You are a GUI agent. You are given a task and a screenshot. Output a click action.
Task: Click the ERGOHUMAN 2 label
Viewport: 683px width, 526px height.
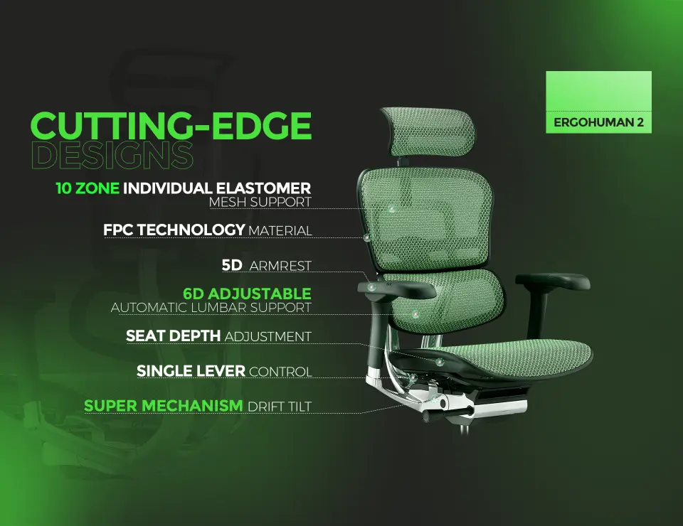598,122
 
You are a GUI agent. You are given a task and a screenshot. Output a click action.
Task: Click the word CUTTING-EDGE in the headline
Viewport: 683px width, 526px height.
171,126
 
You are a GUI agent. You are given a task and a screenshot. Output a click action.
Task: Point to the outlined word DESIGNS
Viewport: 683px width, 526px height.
112,155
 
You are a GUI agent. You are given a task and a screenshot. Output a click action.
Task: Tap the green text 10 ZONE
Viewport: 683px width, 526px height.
87,188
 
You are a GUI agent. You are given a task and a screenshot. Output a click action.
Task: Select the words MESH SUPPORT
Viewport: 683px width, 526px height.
260,203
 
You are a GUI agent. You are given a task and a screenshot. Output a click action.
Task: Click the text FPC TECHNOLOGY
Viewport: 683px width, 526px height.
174,230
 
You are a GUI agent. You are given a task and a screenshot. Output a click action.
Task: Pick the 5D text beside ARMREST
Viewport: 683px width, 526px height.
232,265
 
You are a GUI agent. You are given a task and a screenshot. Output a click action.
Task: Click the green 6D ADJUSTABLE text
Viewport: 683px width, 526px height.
247,294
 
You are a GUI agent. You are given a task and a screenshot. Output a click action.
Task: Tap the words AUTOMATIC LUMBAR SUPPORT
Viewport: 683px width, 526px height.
211,308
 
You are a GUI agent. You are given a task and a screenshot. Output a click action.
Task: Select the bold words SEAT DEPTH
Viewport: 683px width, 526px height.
173,336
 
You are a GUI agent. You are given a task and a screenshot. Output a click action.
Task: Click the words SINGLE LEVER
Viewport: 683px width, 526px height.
191,371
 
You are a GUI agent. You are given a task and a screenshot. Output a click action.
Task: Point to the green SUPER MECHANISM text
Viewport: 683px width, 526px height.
164,406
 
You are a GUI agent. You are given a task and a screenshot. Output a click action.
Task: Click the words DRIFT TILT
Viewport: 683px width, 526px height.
280,407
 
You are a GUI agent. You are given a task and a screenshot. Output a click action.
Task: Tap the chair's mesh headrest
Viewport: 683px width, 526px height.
429,131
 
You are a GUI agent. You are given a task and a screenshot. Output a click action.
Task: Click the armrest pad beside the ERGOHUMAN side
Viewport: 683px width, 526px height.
553,281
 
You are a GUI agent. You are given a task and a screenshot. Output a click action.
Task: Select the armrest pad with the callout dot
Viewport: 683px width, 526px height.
396,289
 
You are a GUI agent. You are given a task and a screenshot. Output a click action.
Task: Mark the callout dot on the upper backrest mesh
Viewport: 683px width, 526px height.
391,209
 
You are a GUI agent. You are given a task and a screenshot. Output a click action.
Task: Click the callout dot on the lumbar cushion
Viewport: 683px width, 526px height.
415,313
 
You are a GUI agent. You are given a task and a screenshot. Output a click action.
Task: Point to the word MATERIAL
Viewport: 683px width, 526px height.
280,230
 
